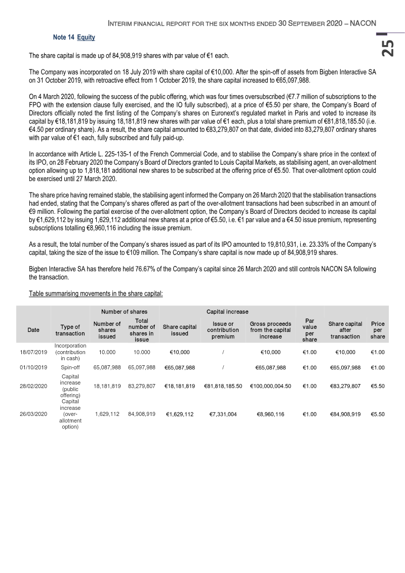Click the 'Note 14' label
point(64,37)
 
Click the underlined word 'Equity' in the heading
point(86,37)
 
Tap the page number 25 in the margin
point(387,48)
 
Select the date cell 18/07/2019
point(33,352)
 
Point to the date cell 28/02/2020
point(33,387)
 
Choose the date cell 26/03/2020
point(33,414)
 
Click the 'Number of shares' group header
point(124,312)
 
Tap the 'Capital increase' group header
point(227,312)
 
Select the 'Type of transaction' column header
point(70,330)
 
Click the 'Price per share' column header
point(377,330)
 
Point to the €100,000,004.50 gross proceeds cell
point(270,387)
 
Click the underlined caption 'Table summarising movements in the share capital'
point(96,293)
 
